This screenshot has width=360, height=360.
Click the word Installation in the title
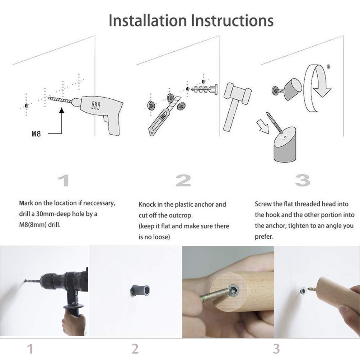point(148,20)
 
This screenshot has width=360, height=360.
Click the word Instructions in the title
point(232,20)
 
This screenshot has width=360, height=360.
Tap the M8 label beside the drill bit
point(36,134)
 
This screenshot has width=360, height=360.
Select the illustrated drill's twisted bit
point(60,100)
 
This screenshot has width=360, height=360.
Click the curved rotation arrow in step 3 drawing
point(317,88)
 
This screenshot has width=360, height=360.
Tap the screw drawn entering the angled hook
point(274,123)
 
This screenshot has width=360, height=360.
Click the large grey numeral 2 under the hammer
point(183,181)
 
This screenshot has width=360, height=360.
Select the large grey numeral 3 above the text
point(302,181)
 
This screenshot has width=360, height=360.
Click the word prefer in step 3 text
point(263,237)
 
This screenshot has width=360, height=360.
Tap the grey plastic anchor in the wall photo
point(140,291)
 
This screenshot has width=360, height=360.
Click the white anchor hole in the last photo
point(303,291)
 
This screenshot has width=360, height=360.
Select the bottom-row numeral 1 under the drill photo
point(30,349)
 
